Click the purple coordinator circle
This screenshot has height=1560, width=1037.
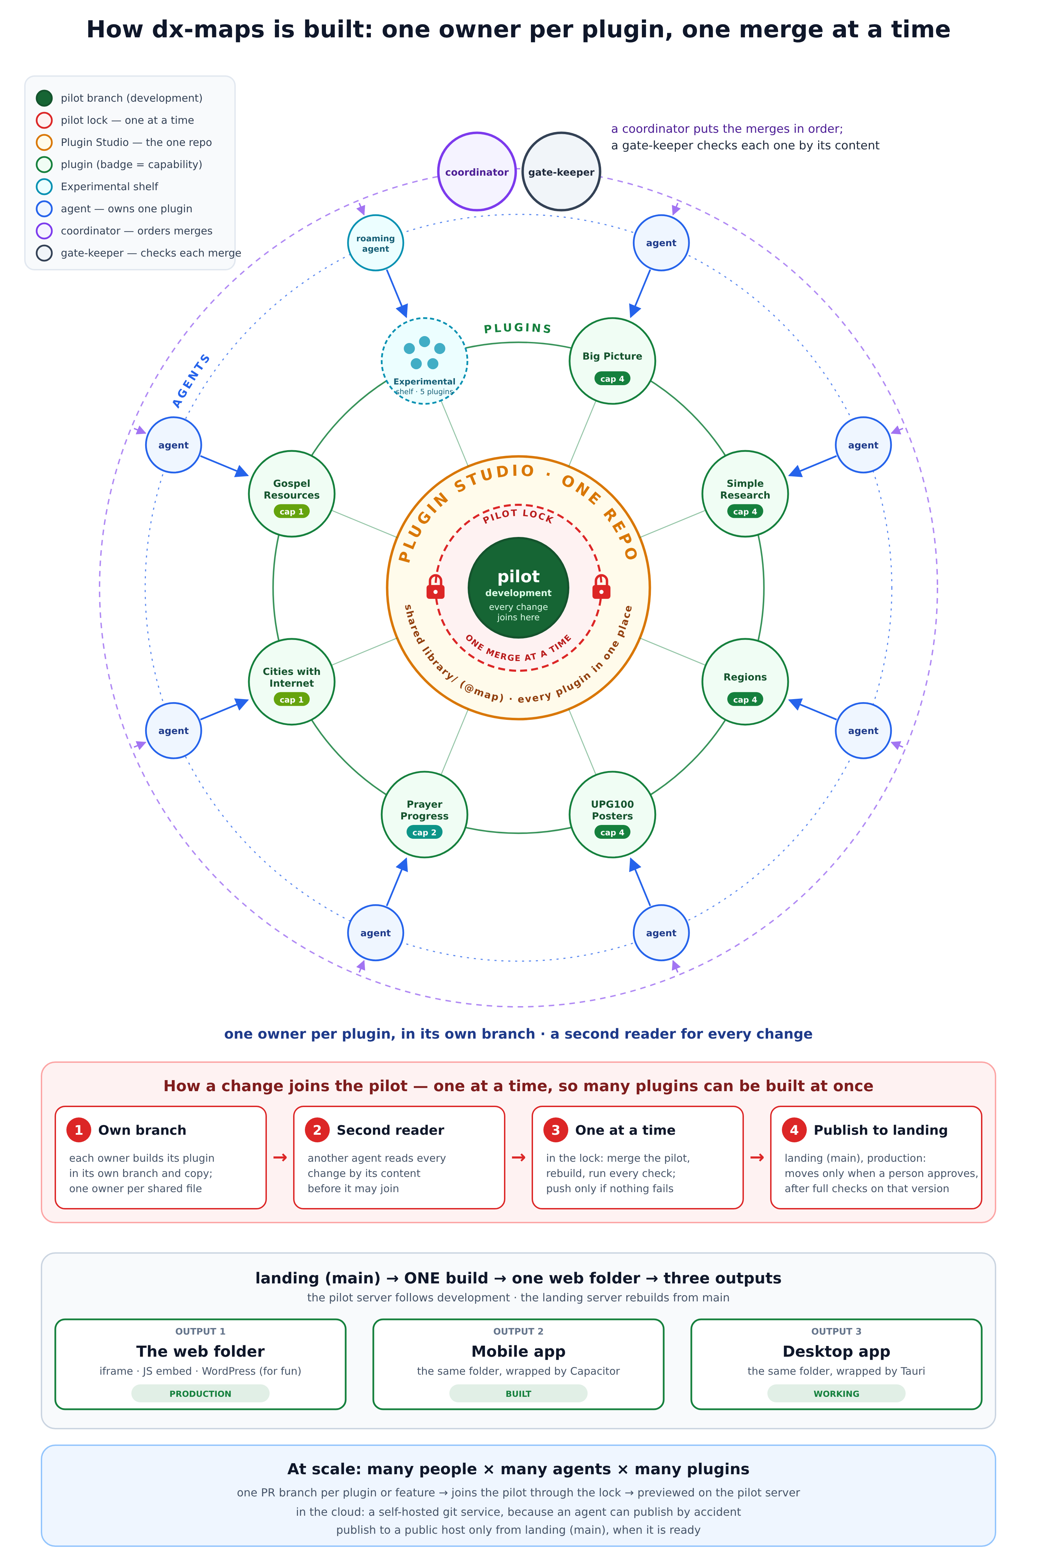(x=477, y=172)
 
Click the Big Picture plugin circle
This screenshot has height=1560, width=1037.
(x=613, y=361)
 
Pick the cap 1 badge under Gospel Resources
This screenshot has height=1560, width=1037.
(x=292, y=511)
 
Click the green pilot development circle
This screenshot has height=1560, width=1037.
(x=518, y=588)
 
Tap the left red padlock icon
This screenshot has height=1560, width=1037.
(x=435, y=587)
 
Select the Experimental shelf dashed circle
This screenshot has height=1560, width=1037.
(x=424, y=361)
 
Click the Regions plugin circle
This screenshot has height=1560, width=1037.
(x=745, y=682)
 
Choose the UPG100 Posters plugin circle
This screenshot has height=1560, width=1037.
(x=613, y=815)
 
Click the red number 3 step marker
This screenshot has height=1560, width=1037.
(x=555, y=1130)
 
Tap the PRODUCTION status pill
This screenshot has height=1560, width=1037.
(x=200, y=1393)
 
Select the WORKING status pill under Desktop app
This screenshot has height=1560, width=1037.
(x=837, y=1393)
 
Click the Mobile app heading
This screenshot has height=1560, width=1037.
(x=518, y=1351)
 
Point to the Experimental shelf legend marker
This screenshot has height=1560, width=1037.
(x=44, y=186)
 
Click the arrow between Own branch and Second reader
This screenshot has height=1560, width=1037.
(x=280, y=1157)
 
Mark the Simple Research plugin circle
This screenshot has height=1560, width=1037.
(x=745, y=494)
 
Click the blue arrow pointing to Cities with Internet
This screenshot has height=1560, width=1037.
(x=224, y=709)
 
